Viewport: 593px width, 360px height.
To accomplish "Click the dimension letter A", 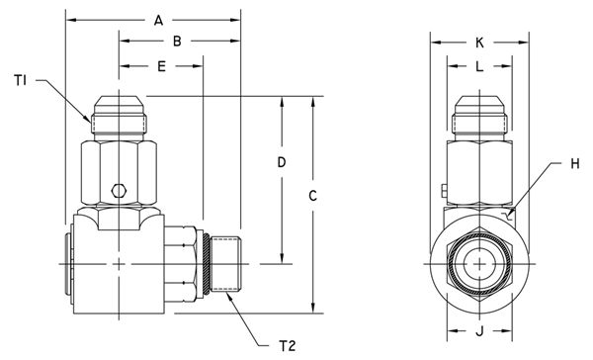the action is pos(158,21).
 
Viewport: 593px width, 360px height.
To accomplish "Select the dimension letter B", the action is pos(177,42).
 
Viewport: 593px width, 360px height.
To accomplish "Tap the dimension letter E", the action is pos(161,66).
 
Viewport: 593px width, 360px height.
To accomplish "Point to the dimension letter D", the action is pos(282,162).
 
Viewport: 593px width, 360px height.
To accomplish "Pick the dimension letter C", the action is pos(312,196).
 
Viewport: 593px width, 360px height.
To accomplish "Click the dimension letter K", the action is pos(479,43).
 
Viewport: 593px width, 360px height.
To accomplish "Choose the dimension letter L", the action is pos(479,66).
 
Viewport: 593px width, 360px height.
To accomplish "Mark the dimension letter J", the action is pos(479,331).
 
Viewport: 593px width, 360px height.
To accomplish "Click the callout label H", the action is pos(575,164).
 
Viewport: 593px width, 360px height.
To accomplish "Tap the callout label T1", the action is pos(21,80).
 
